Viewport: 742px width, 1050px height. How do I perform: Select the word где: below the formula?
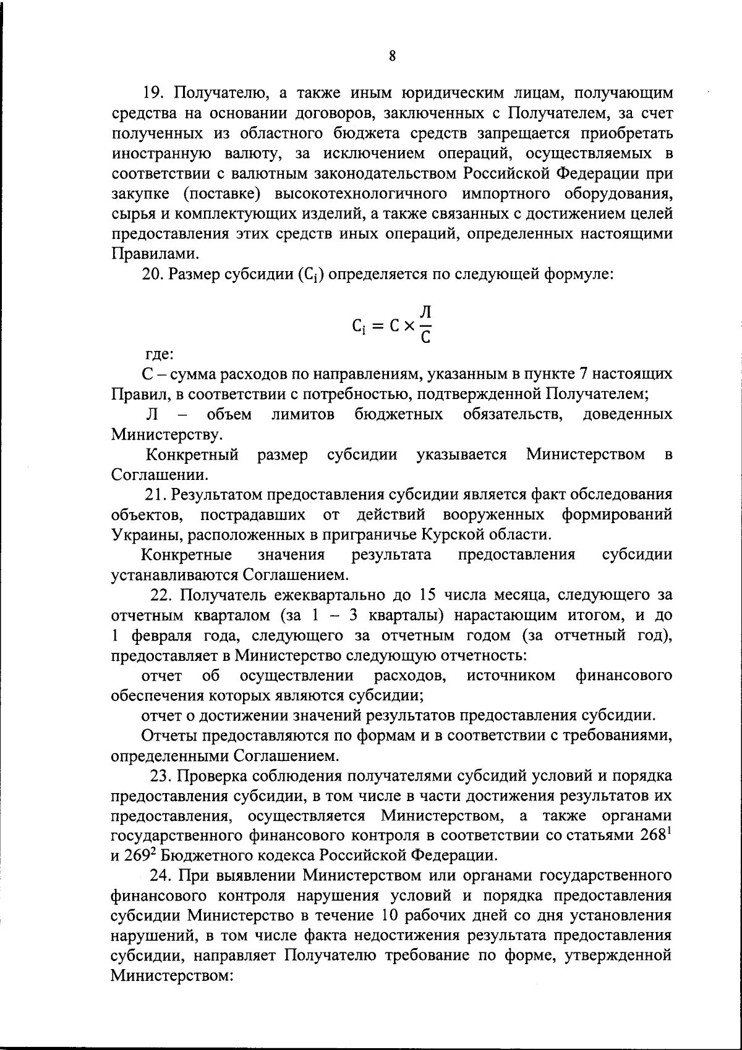coord(159,355)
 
